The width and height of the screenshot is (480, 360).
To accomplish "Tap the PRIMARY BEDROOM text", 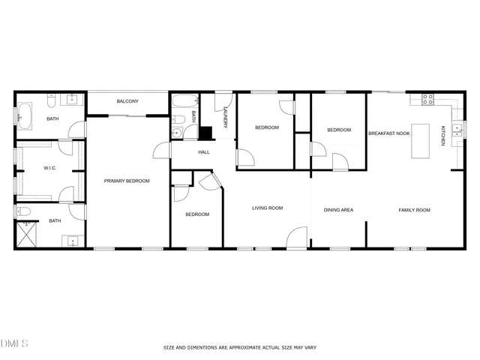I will tap(127, 181).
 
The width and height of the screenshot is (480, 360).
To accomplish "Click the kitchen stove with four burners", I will tap(427, 98).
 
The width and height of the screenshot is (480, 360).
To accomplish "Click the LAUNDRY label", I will tap(225, 117).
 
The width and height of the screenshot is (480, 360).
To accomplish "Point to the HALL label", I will tap(203, 152).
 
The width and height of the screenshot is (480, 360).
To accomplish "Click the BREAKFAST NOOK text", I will tap(388, 133).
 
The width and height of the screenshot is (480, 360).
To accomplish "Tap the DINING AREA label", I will tap(338, 210).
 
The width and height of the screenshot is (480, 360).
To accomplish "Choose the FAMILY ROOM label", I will tap(414, 210).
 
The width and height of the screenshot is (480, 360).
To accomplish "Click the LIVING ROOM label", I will tap(267, 208).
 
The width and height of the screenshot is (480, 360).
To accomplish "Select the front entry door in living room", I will tap(297, 239).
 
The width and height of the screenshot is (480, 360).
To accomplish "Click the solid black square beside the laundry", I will tap(206, 132).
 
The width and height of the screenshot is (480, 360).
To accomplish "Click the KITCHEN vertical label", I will tap(444, 136).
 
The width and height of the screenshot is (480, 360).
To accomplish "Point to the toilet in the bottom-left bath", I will tap(24, 211).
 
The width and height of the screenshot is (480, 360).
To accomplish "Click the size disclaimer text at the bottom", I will tap(238, 347).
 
